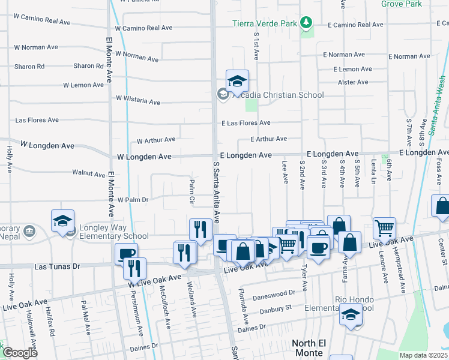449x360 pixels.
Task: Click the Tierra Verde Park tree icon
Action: (x=307, y=23)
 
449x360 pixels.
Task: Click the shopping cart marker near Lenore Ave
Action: (x=384, y=228)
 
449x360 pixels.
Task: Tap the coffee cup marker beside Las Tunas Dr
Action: (x=126, y=254)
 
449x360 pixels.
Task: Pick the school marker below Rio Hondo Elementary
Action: (x=351, y=314)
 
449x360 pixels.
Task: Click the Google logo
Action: (x=19, y=353)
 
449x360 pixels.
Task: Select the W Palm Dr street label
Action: (x=133, y=199)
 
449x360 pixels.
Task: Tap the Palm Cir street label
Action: (x=191, y=191)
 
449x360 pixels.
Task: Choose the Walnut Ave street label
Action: (x=89, y=173)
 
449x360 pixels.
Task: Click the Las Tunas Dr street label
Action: (x=57, y=265)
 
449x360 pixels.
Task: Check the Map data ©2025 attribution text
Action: (x=423, y=355)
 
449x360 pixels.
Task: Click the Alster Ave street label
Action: (x=353, y=82)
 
